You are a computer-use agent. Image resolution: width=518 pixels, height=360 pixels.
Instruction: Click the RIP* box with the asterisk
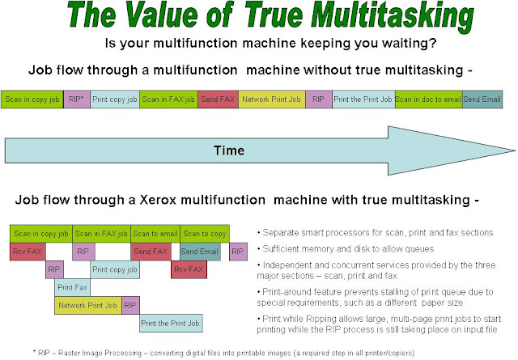click(77, 100)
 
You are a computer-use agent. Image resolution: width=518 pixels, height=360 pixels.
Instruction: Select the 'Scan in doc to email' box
click(427, 100)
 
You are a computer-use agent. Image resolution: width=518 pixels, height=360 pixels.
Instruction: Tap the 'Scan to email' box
click(155, 233)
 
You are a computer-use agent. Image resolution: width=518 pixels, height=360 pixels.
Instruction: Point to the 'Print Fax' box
click(72, 287)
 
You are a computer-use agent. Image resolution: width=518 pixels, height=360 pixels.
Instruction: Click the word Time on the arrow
click(229, 150)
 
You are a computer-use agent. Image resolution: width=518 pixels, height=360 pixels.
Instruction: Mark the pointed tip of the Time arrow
click(512, 150)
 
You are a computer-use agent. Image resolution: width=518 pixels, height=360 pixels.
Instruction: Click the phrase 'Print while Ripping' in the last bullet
click(301, 318)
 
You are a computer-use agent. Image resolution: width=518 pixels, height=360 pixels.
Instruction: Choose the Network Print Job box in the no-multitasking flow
click(272, 100)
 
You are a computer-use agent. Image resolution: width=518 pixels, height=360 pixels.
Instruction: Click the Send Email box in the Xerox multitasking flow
click(200, 252)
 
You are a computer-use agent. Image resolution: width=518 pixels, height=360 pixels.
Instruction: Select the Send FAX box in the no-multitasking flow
click(218, 100)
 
